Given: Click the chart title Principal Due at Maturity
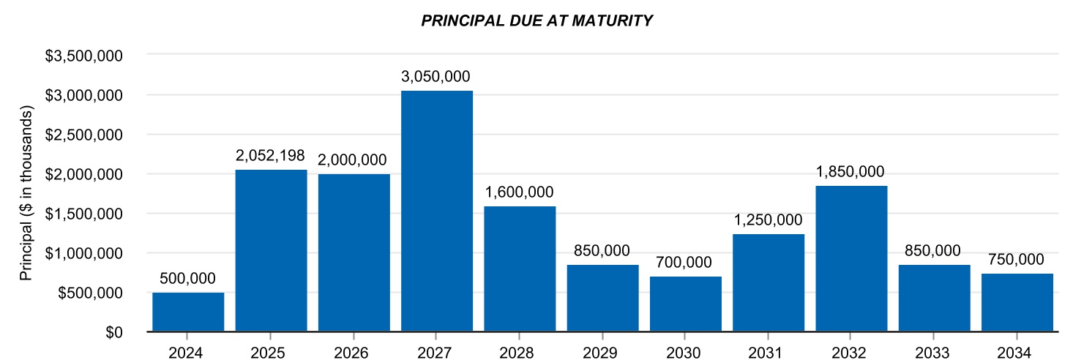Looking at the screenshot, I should click(x=536, y=21).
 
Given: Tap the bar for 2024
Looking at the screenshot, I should click(x=188, y=312).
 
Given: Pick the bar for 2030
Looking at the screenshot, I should click(x=686, y=304).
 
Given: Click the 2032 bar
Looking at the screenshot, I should click(x=851, y=259).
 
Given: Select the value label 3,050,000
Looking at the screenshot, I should click(x=437, y=77).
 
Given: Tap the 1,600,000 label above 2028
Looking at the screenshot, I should click(x=520, y=192).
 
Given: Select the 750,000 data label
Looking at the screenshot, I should click(x=1017, y=260).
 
